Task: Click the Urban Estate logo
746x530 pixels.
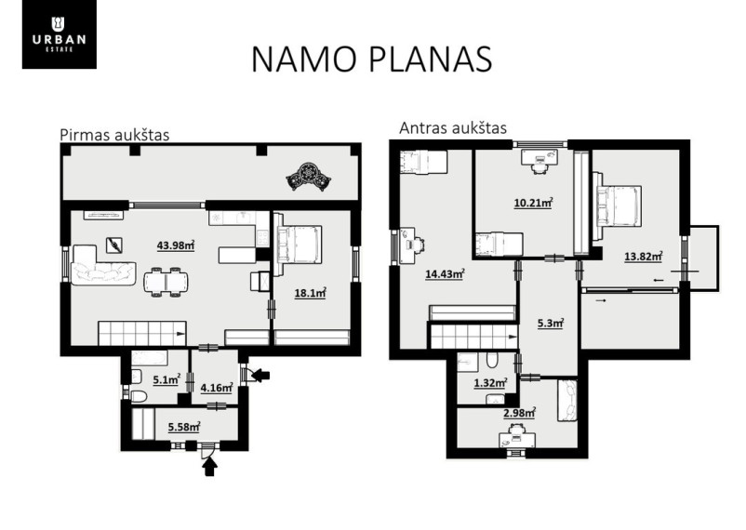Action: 59,34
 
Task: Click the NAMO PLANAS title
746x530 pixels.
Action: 371,59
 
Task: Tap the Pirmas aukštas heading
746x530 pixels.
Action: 114,135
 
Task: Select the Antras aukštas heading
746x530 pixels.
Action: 453,128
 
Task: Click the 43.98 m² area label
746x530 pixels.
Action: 176,245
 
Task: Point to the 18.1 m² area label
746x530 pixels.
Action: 310,293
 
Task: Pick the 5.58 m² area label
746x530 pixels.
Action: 184,427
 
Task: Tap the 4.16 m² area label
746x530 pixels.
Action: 217,388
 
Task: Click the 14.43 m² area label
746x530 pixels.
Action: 445,274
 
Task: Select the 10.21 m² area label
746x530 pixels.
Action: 533,203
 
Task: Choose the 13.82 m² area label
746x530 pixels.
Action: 644,257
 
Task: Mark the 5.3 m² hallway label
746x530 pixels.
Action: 551,324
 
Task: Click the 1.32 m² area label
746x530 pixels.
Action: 490,383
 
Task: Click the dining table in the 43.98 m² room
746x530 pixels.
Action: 165,282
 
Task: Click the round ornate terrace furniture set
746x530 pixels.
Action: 308,177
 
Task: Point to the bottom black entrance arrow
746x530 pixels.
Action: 210,466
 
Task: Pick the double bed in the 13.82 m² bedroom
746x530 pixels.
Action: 617,205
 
